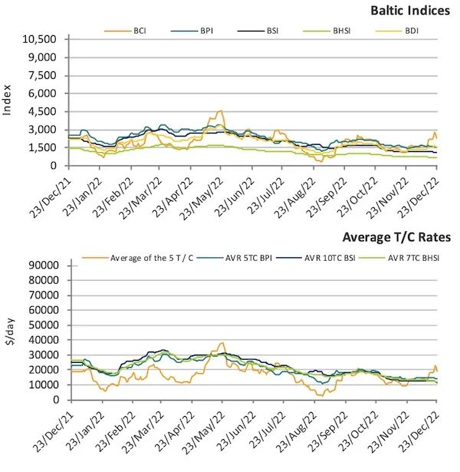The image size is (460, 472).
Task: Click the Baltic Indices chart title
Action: [410, 11]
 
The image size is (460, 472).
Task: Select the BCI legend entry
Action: [135, 31]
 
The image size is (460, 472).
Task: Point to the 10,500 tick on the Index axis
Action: [40, 39]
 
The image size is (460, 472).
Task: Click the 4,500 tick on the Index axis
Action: [43, 111]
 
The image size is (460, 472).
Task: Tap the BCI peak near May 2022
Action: [220, 111]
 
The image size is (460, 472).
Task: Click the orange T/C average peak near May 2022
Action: [222, 343]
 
